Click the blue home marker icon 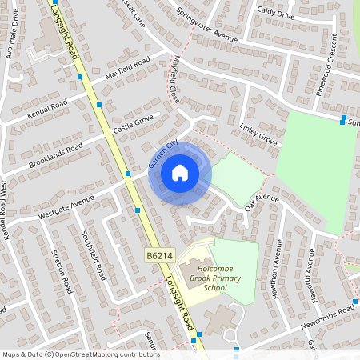click(180, 173)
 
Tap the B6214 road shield click(158, 254)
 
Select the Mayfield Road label click(128, 70)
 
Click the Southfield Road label click(94, 255)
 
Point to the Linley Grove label click(258, 134)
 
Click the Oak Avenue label click(262, 202)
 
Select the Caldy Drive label click(276, 14)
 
